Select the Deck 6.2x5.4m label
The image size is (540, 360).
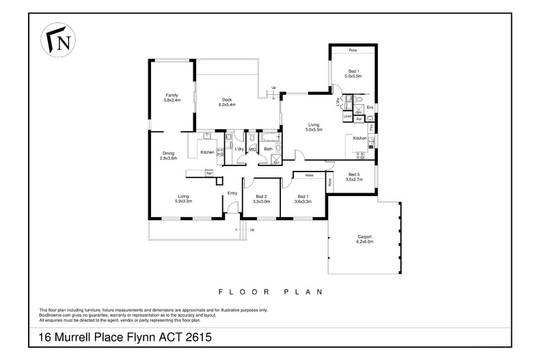[x=227, y=102]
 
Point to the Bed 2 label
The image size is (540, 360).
[x=261, y=199]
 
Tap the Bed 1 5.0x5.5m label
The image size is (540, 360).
[x=353, y=73]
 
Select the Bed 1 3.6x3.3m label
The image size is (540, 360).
[x=302, y=199]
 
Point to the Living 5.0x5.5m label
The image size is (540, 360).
[x=314, y=127]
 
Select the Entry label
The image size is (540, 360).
[x=232, y=193]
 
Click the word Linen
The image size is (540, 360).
[x=347, y=117]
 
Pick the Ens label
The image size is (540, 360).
[x=369, y=108]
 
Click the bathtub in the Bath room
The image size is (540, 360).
[x=269, y=140]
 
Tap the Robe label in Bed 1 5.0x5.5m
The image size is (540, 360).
[x=353, y=51]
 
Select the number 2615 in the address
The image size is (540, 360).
[x=195, y=337]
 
